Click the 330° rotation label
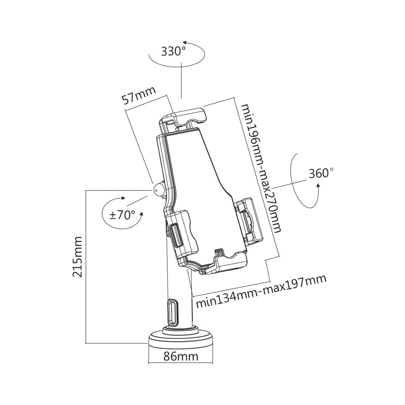(x=173, y=52)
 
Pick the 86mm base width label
(x=181, y=357)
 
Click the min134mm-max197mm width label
(x=261, y=292)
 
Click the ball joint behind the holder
(x=158, y=190)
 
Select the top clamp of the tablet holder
(x=185, y=116)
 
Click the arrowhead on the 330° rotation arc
(x=185, y=42)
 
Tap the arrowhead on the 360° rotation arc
(x=318, y=185)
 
